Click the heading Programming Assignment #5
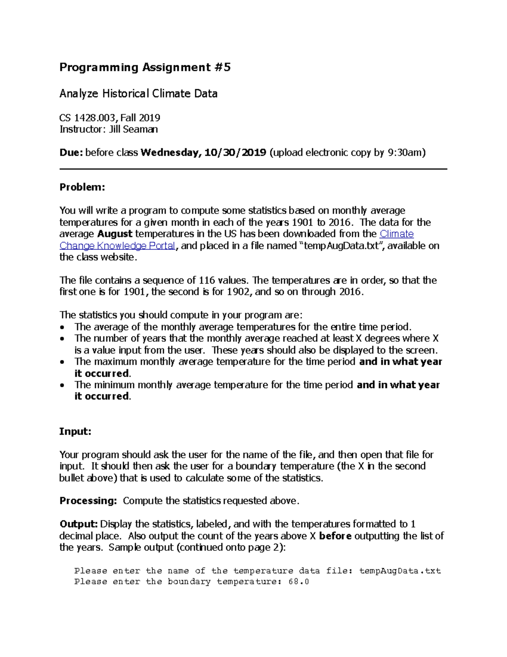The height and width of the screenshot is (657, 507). [145, 68]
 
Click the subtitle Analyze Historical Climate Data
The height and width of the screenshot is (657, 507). [138, 93]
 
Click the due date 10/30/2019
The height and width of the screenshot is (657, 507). [235, 153]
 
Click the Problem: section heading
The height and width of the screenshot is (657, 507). [82, 187]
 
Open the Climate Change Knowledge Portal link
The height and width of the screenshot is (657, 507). [117, 246]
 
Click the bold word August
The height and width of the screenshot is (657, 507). [115, 234]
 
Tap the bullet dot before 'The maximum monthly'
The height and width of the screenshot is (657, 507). [63, 362]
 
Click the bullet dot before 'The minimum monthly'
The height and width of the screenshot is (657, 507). [63, 385]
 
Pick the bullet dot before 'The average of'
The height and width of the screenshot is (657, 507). [63, 327]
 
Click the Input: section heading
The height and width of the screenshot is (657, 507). [75, 432]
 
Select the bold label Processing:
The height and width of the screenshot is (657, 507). [88, 501]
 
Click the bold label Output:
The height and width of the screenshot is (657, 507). [79, 524]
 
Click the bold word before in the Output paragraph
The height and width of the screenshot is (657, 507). [335, 536]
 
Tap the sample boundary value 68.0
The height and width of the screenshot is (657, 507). [299, 582]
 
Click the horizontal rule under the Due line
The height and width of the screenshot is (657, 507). [253, 169]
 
